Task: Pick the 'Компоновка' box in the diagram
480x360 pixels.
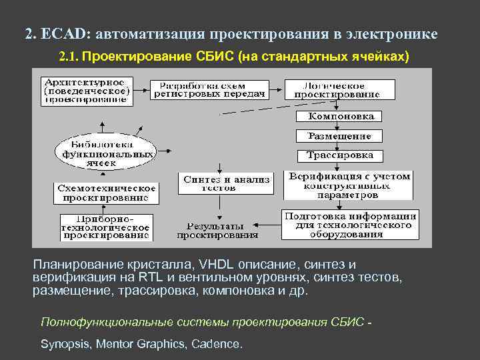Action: (x=339, y=117)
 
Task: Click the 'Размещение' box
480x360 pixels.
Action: (x=339, y=136)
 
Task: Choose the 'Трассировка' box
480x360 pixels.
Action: (x=339, y=156)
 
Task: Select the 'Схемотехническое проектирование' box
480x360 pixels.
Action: (x=107, y=193)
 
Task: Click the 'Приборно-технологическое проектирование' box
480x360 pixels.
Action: (x=107, y=227)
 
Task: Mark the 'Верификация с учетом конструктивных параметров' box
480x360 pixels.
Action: (x=349, y=186)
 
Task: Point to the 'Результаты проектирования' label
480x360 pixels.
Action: (x=217, y=231)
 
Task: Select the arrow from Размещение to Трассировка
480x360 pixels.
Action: (x=339, y=146)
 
